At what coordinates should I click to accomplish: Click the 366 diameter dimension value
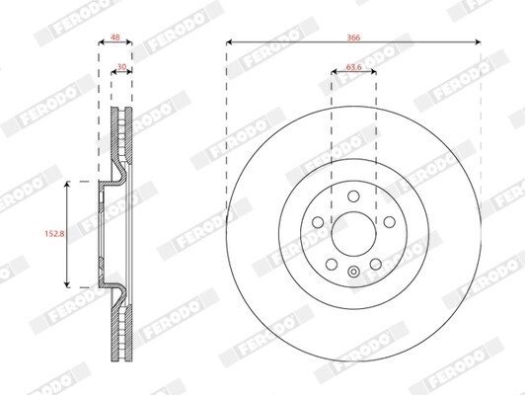pyautogui.click(x=353, y=38)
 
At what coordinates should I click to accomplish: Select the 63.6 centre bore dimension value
pyautogui.click(x=353, y=67)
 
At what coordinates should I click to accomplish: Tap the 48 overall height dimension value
pyautogui.click(x=114, y=38)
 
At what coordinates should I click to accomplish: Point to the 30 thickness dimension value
pyautogui.click(x=122, y=67)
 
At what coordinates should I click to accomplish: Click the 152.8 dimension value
pyautogui.click(x=54, y=233)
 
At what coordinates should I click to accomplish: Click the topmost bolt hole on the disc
pyautogui.click(x=353, y=196)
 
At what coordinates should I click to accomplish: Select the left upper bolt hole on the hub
pyautogui.click(x=318, y=222)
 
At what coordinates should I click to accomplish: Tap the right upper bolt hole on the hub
pyautogui.click(x=390, y=222)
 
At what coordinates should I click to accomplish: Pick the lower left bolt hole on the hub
pyautogui.click(x=332, y=265)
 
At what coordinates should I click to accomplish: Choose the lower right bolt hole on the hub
pyautogui.click(x=375, y=265)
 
